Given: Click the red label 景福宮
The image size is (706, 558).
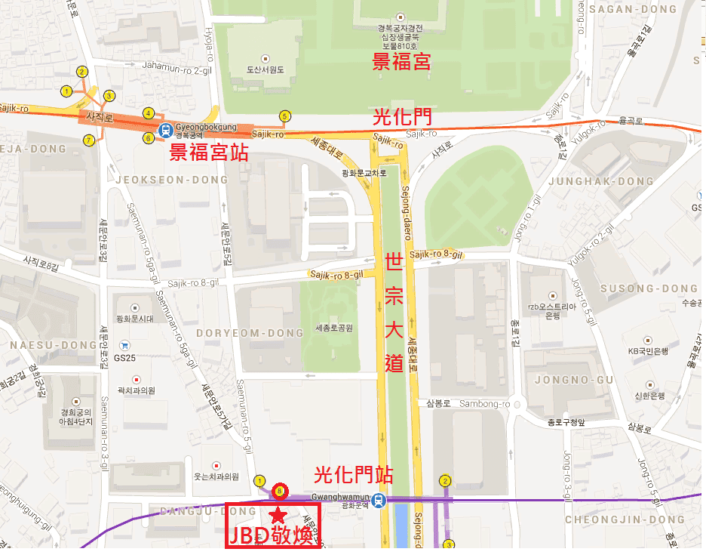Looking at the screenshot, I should point(402,62).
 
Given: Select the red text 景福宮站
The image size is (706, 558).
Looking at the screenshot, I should point(208,153).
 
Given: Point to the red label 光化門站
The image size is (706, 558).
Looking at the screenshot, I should point(353,476).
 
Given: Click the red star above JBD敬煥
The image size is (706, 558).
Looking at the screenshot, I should point(278,516).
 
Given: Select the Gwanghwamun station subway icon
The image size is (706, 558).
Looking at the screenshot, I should point(382,499).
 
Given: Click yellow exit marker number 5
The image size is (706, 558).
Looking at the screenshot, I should point(284,116).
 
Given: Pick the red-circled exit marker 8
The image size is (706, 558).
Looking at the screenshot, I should point(280,491).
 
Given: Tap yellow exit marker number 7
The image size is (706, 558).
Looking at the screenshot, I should point(89,140).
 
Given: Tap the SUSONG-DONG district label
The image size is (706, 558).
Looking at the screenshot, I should point(649,288).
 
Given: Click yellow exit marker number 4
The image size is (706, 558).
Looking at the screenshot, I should point(149,112).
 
